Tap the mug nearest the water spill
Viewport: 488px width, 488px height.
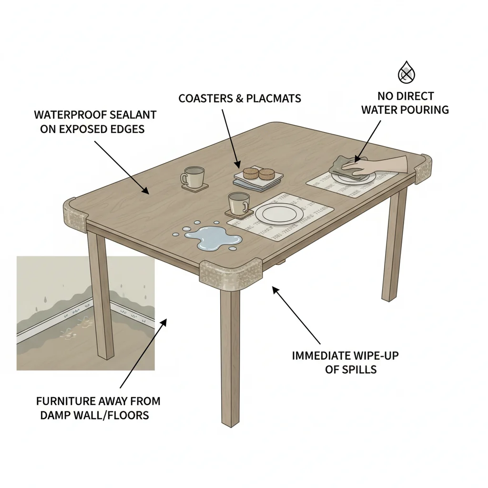point(238,203)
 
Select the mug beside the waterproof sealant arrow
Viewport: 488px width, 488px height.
point(193,177)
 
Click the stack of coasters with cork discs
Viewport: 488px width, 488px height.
point(258,177)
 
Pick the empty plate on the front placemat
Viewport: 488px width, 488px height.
point(278,213)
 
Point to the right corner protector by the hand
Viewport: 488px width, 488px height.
point(423,168)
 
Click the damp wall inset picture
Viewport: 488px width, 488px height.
point(85,313)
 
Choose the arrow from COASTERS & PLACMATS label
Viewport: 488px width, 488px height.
point(230,138)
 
